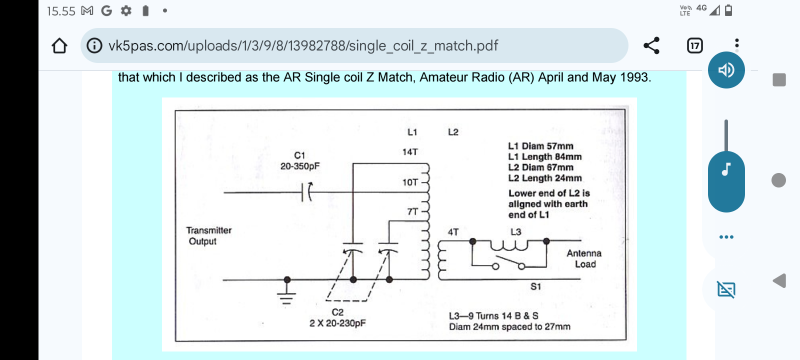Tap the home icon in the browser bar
point(59,45)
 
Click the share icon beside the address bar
point(651,45)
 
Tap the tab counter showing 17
point(694,45)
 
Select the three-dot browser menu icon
point(737,43)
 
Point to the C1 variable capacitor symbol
point(306,192)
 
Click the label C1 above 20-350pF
point(299,155)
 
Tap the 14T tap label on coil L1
point(409,152)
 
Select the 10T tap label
point(410,182)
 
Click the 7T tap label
point(412,212)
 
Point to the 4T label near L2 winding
point(453,232)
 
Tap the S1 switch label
point(535,286)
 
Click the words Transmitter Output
point(209,235)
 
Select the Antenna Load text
point(584,258)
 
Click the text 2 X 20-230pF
point(337,323)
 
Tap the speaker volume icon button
point(726,70)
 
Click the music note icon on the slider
point(726,169)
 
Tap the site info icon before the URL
point(94,45)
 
